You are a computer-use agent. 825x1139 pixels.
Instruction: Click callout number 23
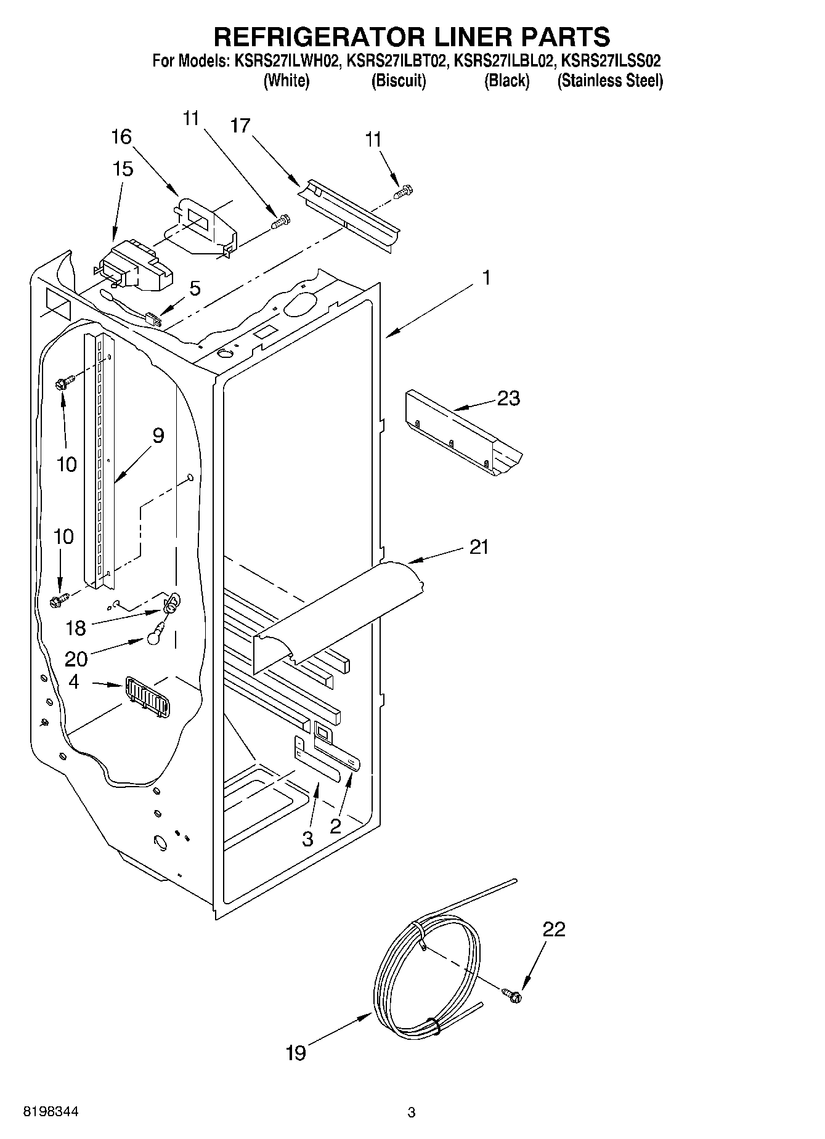pyautogui.click(x=508, y=399)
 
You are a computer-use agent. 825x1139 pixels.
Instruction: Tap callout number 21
pyautogui.click(x=479, y=546)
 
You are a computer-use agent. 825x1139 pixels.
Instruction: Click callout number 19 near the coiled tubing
pyautogui.click(x=296, y=1053)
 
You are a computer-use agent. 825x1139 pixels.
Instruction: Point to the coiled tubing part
pyautogui.click(x=425, y=973)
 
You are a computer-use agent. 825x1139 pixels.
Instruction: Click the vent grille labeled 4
pyautogui.click(x=147, y=697)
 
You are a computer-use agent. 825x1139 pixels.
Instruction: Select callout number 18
pyautogui.click(x=75, y=628)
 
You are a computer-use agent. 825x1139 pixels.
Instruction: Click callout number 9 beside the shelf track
pyautogui.click(x=158, y=436)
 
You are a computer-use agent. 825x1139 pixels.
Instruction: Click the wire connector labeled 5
pyautogui.click(x=151, y=320)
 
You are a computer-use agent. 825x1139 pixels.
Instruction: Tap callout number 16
pyautogui.click(x=121, y=137)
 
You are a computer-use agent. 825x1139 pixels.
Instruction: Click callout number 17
pyautogui.click(x=240, y=126)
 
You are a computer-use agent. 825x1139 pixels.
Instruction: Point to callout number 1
pyautogui.click(x=486, y=278)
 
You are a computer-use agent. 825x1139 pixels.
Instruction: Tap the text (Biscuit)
pyautogui.click(x=398, y=81)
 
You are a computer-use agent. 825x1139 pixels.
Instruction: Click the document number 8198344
pyautogui.click(x=51, y=1112)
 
